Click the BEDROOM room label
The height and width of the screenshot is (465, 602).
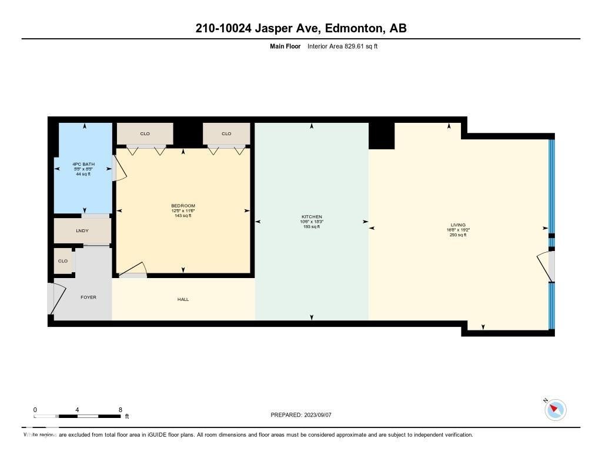coord(183,206)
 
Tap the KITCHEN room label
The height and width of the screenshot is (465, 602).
coord(312,216)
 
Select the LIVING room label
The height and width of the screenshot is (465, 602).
coord(457,225)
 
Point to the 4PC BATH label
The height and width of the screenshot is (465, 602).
coord(83,164)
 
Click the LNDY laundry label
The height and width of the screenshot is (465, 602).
coord(82,230)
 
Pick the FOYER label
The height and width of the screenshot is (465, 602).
coord(88,297)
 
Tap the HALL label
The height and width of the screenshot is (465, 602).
coord(183,299)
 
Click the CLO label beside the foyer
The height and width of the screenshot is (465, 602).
coord(63,261)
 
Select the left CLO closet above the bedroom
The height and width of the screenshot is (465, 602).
coord(145,133)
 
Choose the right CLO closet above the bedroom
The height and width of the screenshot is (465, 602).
coord(226,133)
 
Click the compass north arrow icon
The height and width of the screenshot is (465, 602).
coord(556,410)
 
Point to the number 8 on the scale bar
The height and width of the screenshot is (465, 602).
coord(120,410)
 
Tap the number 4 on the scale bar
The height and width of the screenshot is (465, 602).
coord(78,410)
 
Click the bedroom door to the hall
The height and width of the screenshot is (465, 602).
coord(133,269)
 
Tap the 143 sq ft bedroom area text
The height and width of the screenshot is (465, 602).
coord(183,216)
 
